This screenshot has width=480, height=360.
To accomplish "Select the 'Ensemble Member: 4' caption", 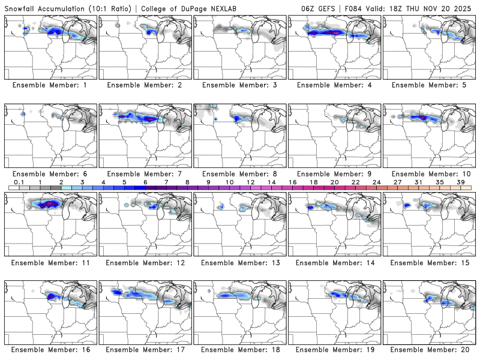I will (335, 85).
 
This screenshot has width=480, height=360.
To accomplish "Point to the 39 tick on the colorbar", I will (461, 182).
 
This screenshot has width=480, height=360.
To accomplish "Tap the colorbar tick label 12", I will (250, 182).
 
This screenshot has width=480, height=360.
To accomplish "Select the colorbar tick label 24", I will (376, 182).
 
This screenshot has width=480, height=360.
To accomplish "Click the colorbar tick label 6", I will (145, 182).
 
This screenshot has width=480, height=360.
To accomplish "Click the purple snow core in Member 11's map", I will (49, 204).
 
